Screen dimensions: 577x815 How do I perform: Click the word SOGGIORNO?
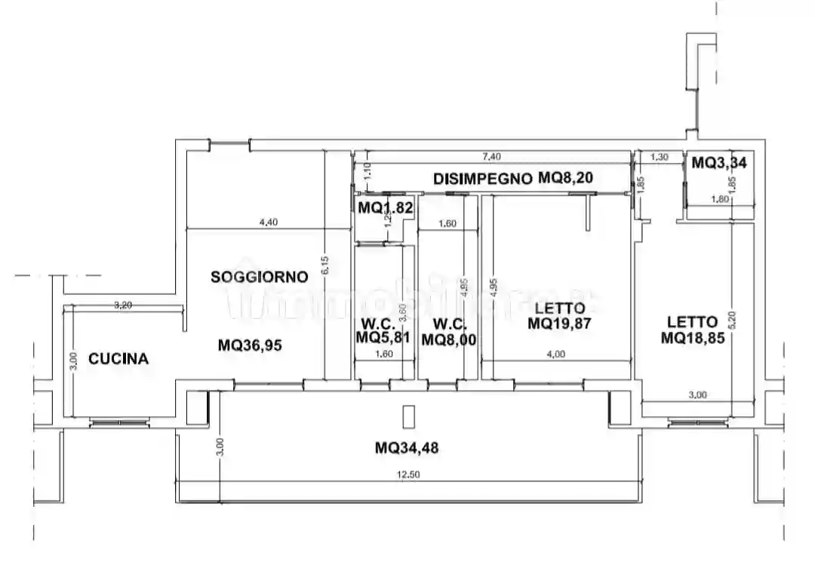tap(259, 277)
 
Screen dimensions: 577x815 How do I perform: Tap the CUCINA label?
tap(118, 359)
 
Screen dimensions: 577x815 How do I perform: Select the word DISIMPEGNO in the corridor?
tap(483, 179)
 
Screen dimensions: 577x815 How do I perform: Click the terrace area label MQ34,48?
tap(407, 448)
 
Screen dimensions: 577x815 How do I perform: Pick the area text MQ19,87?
tap(559, 324)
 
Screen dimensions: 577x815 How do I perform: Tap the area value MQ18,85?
tap(693, 338)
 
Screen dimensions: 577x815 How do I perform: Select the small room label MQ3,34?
tap(719, 162)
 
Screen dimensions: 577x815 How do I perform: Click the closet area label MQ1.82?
tap(386, 207)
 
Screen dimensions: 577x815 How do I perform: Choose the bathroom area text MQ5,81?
tap(383, 338)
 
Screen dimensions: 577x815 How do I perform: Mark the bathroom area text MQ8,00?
tap(448, 339)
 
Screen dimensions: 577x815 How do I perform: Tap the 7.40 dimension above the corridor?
tap(492, 157)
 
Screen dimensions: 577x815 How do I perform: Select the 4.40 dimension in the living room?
tap(269, 222)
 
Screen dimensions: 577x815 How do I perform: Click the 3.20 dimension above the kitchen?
tap(123, 305)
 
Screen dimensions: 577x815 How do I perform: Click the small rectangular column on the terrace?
tap(409, 417)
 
